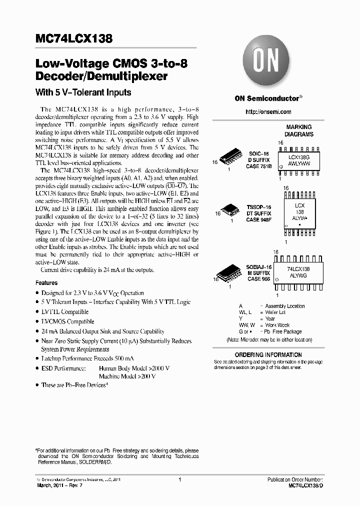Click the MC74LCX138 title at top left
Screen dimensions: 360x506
74,39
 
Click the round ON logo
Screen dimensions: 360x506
264,61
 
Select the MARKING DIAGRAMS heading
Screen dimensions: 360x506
299,130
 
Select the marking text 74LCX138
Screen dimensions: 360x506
298,269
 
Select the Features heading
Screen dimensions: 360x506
46,283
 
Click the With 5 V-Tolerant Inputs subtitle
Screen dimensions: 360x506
83,92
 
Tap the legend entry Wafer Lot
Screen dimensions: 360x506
276,312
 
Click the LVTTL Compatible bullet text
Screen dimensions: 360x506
64,312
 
